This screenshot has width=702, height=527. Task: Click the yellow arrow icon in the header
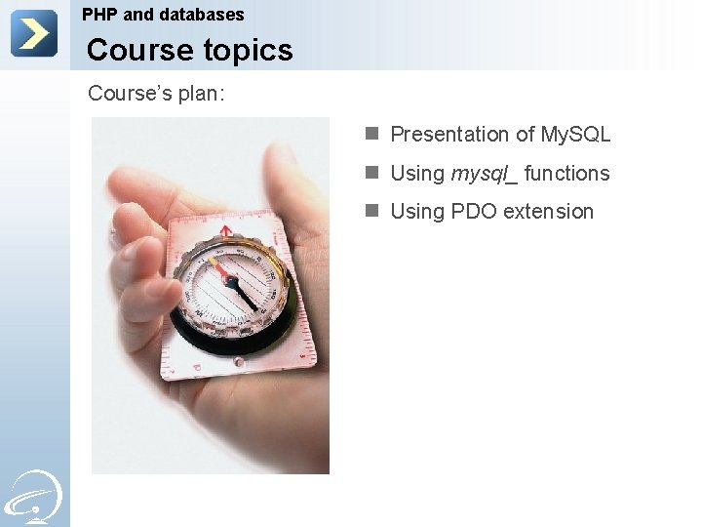tap(34, 33)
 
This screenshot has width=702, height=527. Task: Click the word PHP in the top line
tap(99, 15)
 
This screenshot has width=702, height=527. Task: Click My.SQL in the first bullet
tap(575, 135)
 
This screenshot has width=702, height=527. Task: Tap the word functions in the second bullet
tap(567, 174)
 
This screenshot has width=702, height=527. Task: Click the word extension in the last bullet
tap(550, 212)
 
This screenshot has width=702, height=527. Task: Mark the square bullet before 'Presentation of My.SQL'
tap(371, 135)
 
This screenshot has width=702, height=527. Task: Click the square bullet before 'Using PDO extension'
tap(371, 211)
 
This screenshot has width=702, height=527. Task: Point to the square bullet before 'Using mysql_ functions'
tap(371, 173)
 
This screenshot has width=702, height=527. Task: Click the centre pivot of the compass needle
tap(232, 280)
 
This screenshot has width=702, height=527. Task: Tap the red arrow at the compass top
tap(226, 232)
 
